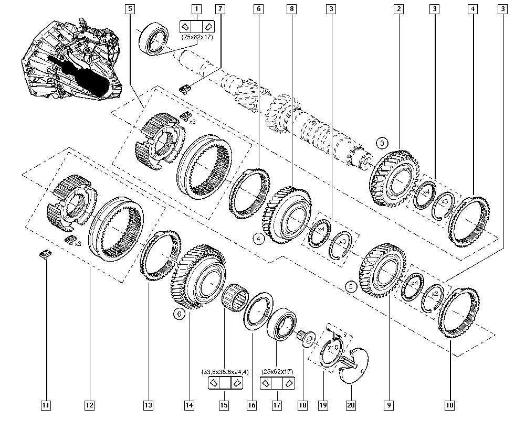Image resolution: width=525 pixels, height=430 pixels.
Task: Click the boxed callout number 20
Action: (x=350, y=405)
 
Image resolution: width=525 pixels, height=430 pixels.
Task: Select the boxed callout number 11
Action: (x=46, y=405)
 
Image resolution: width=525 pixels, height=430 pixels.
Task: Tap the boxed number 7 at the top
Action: (x=220, y=9)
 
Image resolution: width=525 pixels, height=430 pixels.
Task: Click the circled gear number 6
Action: (x=179, y=314)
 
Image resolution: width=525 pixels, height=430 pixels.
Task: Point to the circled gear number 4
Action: (x=259, y=239)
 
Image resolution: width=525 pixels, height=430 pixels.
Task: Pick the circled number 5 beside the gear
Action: (x=351, y=286)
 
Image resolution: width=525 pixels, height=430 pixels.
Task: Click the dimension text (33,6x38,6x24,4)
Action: (x=225, y=372)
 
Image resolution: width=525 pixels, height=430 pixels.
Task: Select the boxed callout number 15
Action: (x=224, y=405)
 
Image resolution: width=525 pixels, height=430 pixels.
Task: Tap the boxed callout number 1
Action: (x=196, y=9)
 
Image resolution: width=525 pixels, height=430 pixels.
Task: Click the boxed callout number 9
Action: (x=388, y=405)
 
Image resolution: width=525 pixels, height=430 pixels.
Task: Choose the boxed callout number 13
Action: (x=149, y=405)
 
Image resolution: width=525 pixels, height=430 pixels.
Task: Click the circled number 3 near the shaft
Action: (x=382, y=142)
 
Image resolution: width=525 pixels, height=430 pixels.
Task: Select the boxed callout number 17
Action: (x=276, y=405)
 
